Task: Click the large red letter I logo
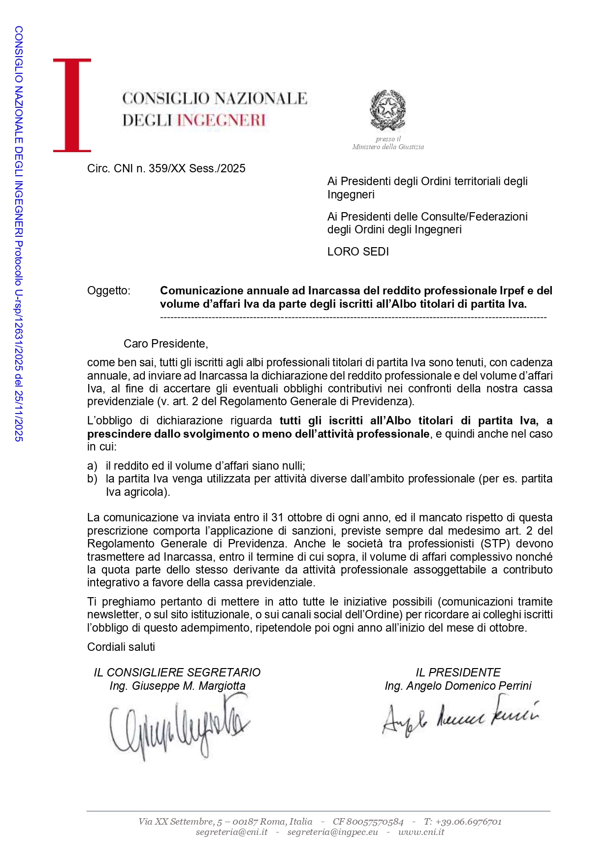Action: pyautogui.click(x=72, y=105)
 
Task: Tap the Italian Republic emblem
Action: pyautogui.click(x=388, y=110)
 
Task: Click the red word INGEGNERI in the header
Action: pyautogui.click(x=221, y=120)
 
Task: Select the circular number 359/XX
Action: pyautogui.click(x=166, y=168)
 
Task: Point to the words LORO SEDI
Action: pyautogui.click(x=358, y=252)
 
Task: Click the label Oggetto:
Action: pyautogui.click(x=109, y=290)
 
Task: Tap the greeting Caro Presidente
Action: pyautogui.click(x=165, y=344)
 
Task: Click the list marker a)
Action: pyautogui.click(x=92, y=466)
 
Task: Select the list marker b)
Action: pyautogui.click(x=92, y=479)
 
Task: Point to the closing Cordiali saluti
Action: pyautogui.click(x=121, y=647)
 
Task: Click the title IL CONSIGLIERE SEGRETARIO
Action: pyautogui.click(x=177, y=672)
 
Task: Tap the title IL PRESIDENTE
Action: pyautogui.click(x=458, y=672)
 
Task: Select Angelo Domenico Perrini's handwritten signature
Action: pyautogui.click(x=460, y=716)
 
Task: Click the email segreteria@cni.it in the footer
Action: pyautogui.click(x=231, y=832)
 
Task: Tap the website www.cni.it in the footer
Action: pyautogui.click(x=421, y=832)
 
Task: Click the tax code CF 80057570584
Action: pyautogui.click(x=368, y=821)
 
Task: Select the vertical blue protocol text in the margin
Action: pyautogui.click(x=18, y=234)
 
